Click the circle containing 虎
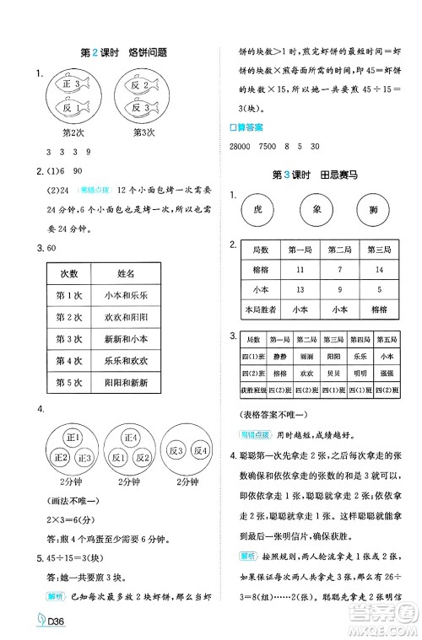[258, 208]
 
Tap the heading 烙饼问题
[142, 51]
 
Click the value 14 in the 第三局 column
[378, 270]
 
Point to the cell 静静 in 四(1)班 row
[279, 357]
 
